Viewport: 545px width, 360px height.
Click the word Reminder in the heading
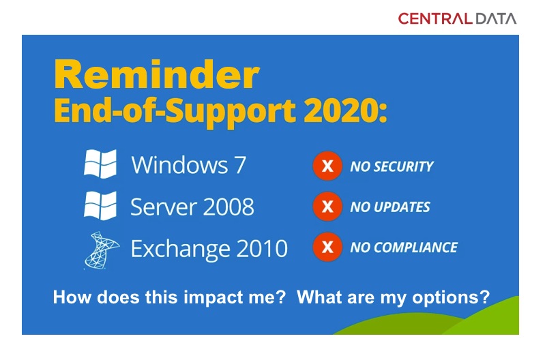157,75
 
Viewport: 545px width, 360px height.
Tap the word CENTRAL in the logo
435,18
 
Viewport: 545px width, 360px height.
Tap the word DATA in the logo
496,18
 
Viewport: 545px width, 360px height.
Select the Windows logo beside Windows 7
100,164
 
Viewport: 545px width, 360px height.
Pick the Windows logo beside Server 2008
100,205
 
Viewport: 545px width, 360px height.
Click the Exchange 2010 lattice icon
101,250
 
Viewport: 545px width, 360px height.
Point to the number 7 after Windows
239,165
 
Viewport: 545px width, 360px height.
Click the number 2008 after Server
228,207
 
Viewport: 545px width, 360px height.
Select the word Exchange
180,249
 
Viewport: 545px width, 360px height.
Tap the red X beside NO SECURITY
327,166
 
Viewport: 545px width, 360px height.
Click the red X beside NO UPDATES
327,207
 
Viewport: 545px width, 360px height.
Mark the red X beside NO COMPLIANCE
327,247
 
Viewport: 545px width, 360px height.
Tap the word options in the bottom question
451,298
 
